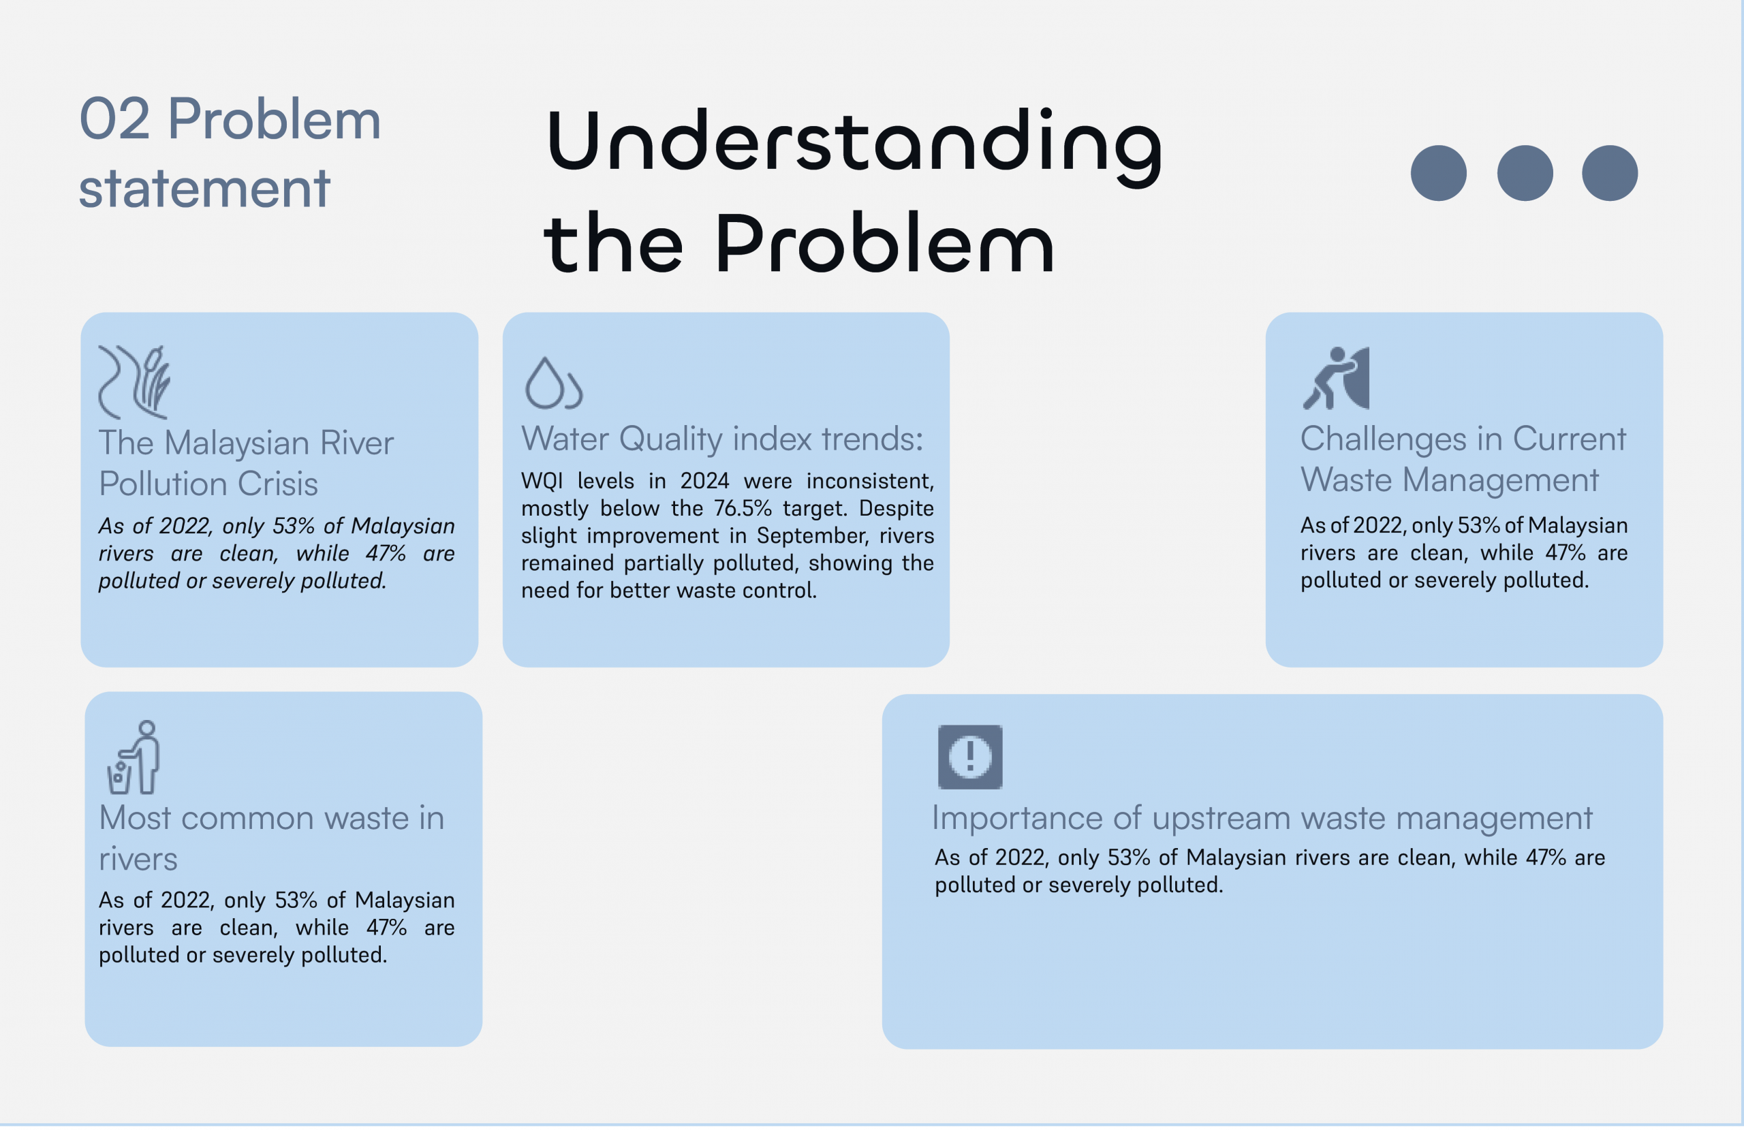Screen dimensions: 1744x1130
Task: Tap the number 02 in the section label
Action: pyautogui.click(x=114, y=119)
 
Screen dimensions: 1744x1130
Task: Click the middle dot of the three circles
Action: pyautogui.click(x=1524, y=173)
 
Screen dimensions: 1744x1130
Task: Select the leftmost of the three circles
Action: pyautogui.click(x=1438, y=173)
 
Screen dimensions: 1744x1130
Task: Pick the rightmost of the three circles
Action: pyautogui.click(x=1610, y=173)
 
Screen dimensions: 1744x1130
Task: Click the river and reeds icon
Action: pyautogui.click(x=134, y=382)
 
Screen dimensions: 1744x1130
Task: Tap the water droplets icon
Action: pyautogui.click(x=553, y=383)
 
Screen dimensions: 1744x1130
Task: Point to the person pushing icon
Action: pyautogui.click(x=1335, y=378)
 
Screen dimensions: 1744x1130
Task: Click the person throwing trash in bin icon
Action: pyautogui.click(x=134, y=757)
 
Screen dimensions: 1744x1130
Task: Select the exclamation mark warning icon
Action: pyautogui.click(x=969, y=757)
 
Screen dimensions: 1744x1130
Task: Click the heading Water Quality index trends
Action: pyautogui.click(x=721, y=439)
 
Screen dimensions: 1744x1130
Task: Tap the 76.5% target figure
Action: pyautogui.click(x=743, y=508)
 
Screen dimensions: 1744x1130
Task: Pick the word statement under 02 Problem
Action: pyautogui.click(x=204, y=188)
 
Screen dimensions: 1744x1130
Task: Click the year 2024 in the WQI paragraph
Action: pyautogui.click(x=704, y=481)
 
